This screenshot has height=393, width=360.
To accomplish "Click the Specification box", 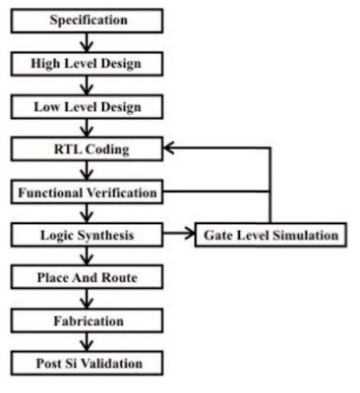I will (87, 19).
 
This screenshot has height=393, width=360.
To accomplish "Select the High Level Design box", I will (87, 62).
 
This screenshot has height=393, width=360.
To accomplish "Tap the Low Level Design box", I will (87, 105).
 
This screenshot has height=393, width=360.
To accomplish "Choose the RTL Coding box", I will (87, 148).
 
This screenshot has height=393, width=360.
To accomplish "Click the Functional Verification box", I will (87, 192).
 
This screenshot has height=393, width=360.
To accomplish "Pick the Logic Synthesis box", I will (87, 235).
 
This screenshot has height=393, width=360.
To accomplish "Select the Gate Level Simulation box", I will (270, 235).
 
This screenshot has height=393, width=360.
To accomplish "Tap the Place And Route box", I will (87, 278).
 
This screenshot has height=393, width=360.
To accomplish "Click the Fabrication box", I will (87, 321).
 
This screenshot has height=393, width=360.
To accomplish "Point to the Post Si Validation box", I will (87, 365).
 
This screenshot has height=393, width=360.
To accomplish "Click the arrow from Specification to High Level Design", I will (87, 40).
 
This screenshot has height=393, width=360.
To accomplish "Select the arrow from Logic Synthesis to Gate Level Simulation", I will (178, 235).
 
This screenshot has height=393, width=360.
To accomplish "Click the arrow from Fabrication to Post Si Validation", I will (87, 343).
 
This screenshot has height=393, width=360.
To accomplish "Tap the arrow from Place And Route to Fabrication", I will (87, 300).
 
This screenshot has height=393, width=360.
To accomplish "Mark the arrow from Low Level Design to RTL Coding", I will (87, 127).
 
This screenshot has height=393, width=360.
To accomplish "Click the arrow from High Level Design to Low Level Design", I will (87, 84).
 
